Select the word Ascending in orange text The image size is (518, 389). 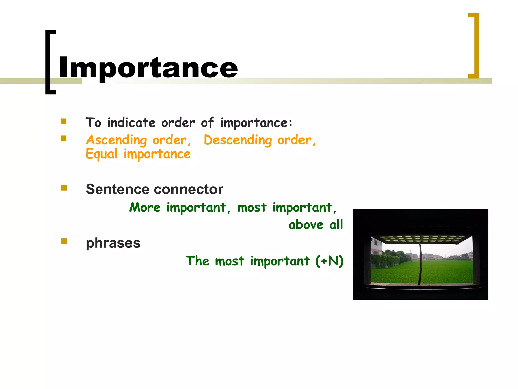(116, 140)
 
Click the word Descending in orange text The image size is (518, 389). (238, 140)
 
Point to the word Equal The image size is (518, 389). (101, 154)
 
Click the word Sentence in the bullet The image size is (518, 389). (117, 189)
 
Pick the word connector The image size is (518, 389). (188, 189)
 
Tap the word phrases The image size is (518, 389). (113, 243)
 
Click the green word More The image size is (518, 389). (145, 207)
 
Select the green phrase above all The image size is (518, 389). (316, 225)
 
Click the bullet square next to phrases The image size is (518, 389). (64, 241)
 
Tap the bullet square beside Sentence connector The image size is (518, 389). (64, 188)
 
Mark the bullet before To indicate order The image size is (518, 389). (63, 121)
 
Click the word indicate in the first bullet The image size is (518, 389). (131, 123)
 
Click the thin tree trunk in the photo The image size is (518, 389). (420, 263)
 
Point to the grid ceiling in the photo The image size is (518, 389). (421, 239)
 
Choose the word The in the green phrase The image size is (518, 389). (198, 261)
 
